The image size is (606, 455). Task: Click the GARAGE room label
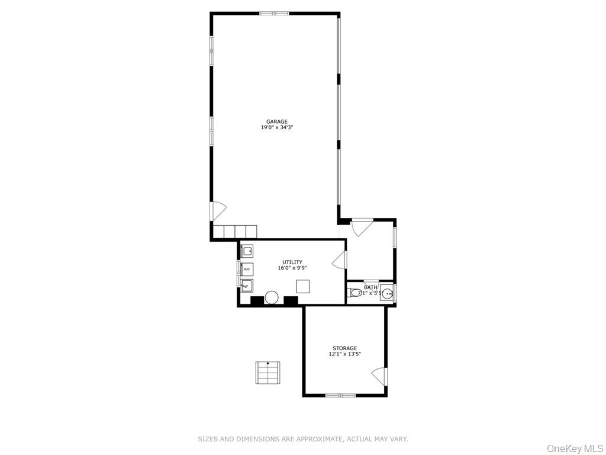tap(276, 121)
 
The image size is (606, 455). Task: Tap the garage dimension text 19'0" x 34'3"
tap(276, 127)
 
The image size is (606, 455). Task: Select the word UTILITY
tap(292, 262)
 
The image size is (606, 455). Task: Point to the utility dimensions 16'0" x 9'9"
tap(292, 268)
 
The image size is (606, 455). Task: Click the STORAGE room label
tap(344, 348)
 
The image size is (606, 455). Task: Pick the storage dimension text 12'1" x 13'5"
tap(344, 354)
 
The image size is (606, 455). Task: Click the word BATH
tap(370, 287)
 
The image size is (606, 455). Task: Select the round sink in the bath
tap(387, 292)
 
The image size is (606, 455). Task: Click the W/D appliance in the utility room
tap(246, 269)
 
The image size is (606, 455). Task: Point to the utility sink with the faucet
tap(246, 286)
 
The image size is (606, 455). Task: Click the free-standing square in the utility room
tap(303, 287)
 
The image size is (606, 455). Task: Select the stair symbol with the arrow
tap(267, 373)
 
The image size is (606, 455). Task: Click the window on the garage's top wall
tap(274, 13)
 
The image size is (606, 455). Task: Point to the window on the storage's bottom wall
tap(341, 395)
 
